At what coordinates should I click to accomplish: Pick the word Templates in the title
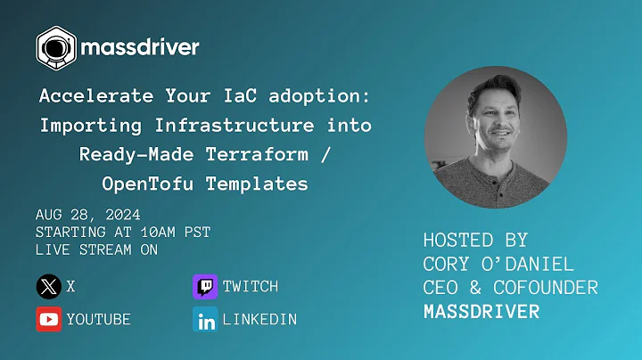(263, 184)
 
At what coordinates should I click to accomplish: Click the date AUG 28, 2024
(87, 215)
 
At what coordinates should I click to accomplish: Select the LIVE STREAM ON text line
(96, 250)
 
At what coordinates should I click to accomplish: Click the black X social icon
(48, 287)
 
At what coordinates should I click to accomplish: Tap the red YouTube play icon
(48, 319)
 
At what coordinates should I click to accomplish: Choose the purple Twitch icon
(205, 287)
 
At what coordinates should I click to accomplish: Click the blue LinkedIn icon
(205, 319)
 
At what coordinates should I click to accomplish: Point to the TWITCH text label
(251, 287)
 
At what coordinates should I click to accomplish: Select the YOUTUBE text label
(99, 319)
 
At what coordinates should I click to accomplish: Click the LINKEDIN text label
(259, 319)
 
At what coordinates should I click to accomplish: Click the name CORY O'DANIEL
(498, 265)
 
